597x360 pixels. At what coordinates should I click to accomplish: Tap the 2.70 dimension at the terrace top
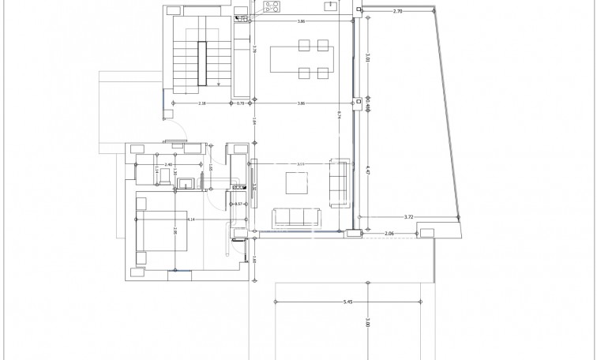397,12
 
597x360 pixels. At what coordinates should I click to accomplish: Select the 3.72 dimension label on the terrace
408,216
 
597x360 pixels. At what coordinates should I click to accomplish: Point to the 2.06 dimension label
389,234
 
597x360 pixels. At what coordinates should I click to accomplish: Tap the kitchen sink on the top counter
331,6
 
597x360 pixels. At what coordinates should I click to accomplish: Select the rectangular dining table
302,59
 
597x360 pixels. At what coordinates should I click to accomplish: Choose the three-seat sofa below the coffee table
295,217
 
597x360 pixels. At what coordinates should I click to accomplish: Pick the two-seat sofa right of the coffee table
340,182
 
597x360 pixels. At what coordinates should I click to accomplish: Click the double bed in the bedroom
162,231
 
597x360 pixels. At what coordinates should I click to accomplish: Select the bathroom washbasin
186,185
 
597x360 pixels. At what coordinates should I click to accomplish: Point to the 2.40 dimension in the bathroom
168,164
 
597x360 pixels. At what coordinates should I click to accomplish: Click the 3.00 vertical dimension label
368,324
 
